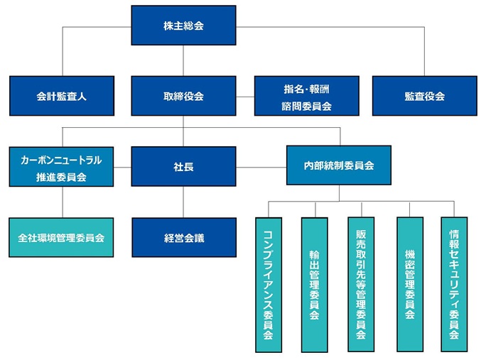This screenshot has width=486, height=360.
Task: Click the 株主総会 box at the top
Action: [183, 26]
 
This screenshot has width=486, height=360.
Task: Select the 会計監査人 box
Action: [62, 96]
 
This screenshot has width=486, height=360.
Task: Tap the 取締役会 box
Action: [183, 96]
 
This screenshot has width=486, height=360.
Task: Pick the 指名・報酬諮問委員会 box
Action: [306, 96]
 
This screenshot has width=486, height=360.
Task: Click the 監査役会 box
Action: [424, 96]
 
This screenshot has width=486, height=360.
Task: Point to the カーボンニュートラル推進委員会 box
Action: [62, 167]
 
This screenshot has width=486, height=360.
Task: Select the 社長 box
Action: [183, 167]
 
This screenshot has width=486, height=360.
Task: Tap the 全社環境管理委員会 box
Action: [62, 237]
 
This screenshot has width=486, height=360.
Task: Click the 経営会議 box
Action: [183, 237]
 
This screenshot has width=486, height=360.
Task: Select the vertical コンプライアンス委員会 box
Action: [268, 284]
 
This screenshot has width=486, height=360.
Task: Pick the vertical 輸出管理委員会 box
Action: [315, 284]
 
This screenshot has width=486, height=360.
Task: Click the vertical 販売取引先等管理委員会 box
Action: [361, 284]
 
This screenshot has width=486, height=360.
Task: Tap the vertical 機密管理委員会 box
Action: [409, 284]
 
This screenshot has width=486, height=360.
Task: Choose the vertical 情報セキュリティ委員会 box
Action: [454, 284]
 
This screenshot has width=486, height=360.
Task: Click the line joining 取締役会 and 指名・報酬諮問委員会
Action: [245, 96]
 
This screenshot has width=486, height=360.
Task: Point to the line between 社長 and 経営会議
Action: [183, 202]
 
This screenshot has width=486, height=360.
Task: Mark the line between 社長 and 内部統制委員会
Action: [261, 167]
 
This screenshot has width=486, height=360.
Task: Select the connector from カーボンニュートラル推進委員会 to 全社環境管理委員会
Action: [62, 202]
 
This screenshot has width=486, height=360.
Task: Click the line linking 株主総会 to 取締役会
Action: [183, 60]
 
